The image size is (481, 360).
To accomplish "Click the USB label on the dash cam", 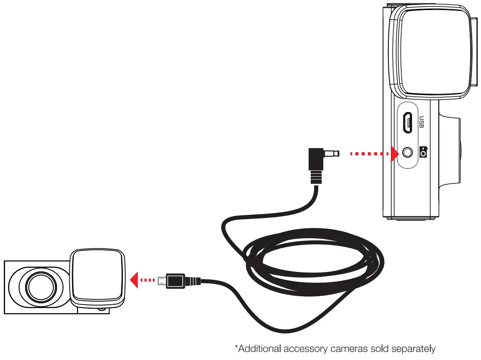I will click(422, 122).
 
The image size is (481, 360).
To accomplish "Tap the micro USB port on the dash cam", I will click(407, 123).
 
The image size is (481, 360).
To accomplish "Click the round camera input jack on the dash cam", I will click(407, 153).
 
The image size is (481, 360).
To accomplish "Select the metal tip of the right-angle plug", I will click(333, 154).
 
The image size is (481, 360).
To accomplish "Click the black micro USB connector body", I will click(175, 280).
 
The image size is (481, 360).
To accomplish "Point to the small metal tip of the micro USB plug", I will click(161, 280).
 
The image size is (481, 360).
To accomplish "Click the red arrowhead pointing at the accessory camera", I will click(134, 279).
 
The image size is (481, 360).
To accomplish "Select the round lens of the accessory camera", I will click(41, 287).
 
